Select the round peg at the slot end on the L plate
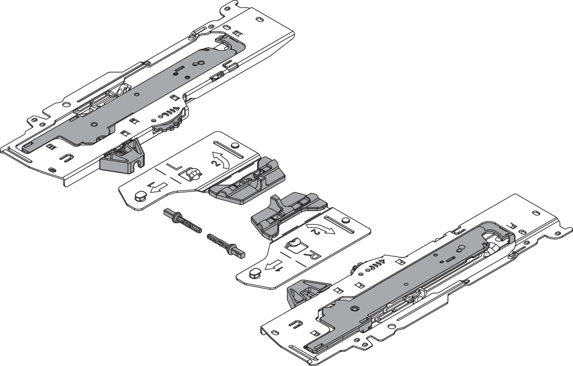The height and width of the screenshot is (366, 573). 233,145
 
